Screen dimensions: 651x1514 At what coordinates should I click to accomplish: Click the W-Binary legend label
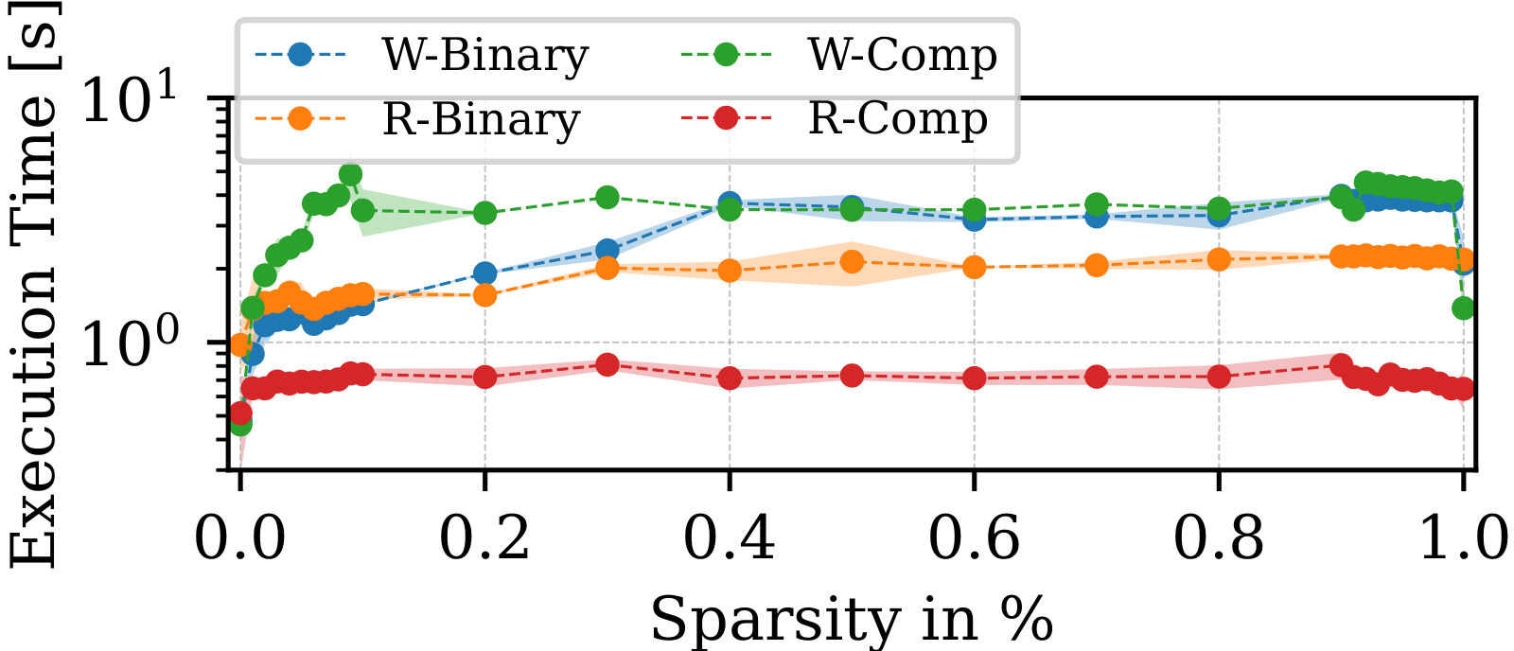pyautogui.click(x=484, y=56)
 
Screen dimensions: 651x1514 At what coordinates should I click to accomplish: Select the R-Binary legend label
pyautogui.click(x=481, y=120)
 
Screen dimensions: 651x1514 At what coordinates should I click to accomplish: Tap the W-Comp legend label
pyautogui.click(x=902, y=56)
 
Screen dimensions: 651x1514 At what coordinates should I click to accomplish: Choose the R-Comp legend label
pyautogui.click(x=898, y=120)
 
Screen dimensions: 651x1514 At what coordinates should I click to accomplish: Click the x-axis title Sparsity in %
pyautogui.click(x=852, y=620)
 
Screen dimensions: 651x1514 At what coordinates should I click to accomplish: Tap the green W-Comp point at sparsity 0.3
pyautogui.click(x=607, y=198)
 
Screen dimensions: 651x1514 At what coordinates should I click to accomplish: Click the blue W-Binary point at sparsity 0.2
pyautogui.click(x=485, y=274)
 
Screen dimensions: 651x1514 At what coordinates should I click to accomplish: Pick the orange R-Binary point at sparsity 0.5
pyautogui.click(x=852, y=261)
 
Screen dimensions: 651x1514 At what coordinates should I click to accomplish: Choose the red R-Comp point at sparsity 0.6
pyautogui.click(x=974, y=378)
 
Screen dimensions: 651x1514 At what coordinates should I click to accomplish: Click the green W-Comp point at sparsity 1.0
pyautogui.click(x=1463, y=308)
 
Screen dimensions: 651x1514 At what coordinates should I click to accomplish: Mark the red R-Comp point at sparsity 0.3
pyautogui.click(x=607, y=365)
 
